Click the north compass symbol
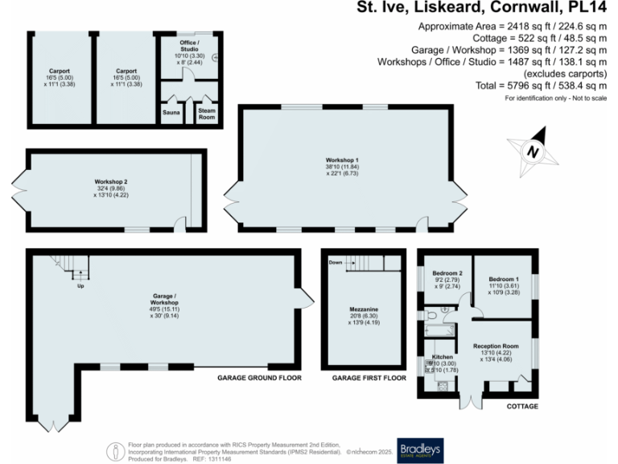[531, 151]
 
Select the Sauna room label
[171, 114]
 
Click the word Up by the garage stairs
[80, 286]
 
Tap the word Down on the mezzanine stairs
[335, 262]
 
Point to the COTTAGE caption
[521, 406]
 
